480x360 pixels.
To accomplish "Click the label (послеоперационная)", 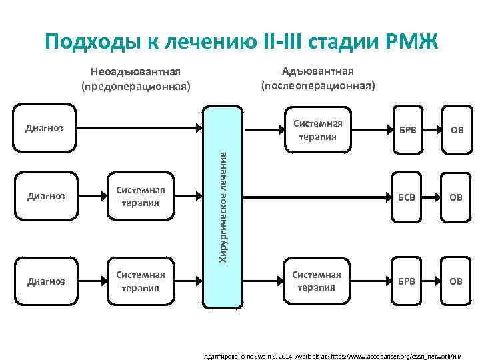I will point(318,86).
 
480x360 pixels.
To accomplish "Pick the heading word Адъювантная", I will point(318,71).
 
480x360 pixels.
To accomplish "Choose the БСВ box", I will point(406,197).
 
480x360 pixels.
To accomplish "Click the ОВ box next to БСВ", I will point(455,197).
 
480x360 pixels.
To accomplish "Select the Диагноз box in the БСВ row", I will point(45,197).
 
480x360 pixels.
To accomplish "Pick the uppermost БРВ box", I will point(406,129).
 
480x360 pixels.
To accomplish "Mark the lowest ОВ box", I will point(455,281).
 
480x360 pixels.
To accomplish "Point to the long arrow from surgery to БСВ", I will point(313,197).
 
